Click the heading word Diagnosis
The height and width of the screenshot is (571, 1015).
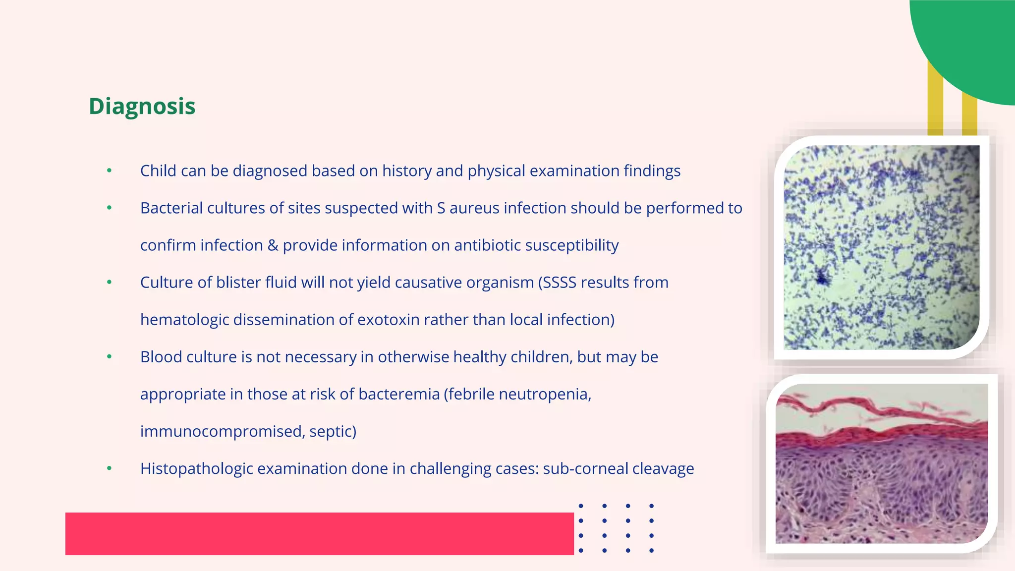pyautogui.click(x=142, y=106)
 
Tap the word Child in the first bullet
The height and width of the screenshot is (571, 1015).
pyautogui.click(x=158, y=171)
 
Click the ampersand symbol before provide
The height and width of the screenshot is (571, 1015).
pyautogui.click(x=273, y=245)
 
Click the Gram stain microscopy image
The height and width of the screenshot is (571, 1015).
pyautogui.click(x=881, y=247)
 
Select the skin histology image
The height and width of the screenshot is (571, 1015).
pyautogui.click(x=881, y=463)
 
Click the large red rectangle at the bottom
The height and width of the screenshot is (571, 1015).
pyautogui.click(x=320, y=534)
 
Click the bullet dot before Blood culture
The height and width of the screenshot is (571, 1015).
pyautogui.click(x=110, y=357)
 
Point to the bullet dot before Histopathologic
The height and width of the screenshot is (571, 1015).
pyautogui.click(x=110, y=468)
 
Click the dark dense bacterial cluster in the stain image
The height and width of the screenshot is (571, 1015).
pyautogui.click(x=823, y=279)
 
